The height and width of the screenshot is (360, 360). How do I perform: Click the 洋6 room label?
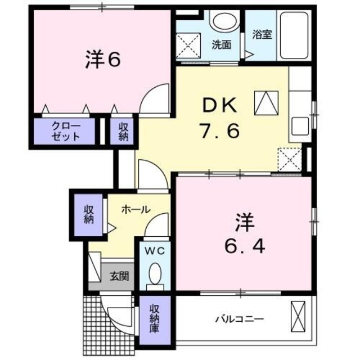tap(103, 60)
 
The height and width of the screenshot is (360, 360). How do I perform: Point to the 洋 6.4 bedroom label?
tap(242, 235)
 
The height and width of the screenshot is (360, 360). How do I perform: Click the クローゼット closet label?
tap(66, 130)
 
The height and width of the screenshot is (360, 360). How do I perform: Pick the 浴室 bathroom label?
tap(262, 34)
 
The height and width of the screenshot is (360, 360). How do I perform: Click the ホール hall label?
tap(136, 209)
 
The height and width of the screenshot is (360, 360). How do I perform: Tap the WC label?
tap(156, 251)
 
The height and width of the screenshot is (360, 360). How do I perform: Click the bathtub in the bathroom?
tap(294, 34)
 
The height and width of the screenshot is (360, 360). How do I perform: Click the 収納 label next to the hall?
tap(88, 214)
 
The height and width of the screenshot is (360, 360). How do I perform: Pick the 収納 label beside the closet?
tap(123, 130)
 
